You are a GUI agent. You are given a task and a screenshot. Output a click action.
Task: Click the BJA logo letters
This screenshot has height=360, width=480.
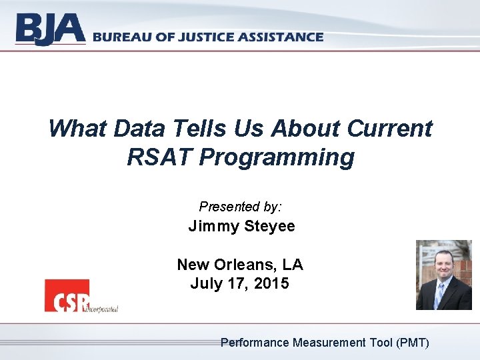[x=51, y=30]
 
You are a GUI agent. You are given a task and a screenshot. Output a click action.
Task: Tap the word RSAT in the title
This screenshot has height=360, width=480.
[x=158, y=157]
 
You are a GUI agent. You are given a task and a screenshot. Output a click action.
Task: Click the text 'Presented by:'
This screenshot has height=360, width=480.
[x=240, y=207]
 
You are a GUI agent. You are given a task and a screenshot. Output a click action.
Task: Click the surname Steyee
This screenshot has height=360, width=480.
[x=269, y=227]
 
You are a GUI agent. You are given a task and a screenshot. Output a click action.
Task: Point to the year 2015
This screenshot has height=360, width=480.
[x=271, y=283]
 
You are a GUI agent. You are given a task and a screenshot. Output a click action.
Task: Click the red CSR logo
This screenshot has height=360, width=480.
[x=67, y=295]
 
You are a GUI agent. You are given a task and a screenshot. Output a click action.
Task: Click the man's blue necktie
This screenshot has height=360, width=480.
[x=441, y=294]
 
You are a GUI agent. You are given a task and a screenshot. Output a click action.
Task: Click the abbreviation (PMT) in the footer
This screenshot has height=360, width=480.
[x=413, y=343]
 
